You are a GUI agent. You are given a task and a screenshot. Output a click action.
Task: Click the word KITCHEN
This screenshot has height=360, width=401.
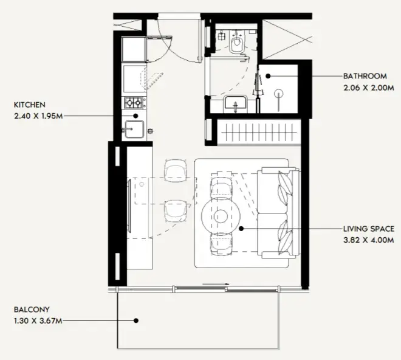tap(29, 105)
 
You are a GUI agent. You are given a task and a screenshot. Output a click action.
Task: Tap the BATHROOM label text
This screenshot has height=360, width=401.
tap(365, 76)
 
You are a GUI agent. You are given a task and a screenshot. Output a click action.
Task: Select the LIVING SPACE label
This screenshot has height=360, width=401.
tap(369, 229)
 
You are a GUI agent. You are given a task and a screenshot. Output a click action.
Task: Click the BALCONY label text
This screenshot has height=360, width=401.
tap(32, 310)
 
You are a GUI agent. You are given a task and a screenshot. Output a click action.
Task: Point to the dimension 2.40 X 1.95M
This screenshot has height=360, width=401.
tap(38, 116)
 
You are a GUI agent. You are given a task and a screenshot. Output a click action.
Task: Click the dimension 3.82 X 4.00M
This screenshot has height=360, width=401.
tap(369, 240)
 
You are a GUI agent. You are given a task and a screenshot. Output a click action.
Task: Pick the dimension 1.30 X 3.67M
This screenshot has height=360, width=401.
tap(38, 321)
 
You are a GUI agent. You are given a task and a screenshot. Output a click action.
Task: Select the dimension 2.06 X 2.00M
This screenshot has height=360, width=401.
tap(369, 88)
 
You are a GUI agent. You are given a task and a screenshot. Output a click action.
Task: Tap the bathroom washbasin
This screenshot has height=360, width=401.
tap(235, 104)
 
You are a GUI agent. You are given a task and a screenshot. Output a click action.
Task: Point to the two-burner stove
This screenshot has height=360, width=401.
tap(134, 103)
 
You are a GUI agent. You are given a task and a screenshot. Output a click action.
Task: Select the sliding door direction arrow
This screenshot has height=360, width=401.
tap(216, 284)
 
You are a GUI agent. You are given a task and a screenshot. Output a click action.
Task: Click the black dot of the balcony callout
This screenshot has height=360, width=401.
tap(136, 320)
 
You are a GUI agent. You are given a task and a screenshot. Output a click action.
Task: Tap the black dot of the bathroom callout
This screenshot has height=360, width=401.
tap(268, 76)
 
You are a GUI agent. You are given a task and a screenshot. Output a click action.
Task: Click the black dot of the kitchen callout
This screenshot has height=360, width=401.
tap(136, 116)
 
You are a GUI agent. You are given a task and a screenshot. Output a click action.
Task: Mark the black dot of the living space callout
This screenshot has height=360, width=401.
tap(241, 229)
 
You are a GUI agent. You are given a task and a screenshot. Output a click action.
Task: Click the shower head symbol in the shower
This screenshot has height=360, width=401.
tap(278, 94)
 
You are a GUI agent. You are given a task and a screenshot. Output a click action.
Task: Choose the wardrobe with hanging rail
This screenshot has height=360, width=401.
tap(259, 133)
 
